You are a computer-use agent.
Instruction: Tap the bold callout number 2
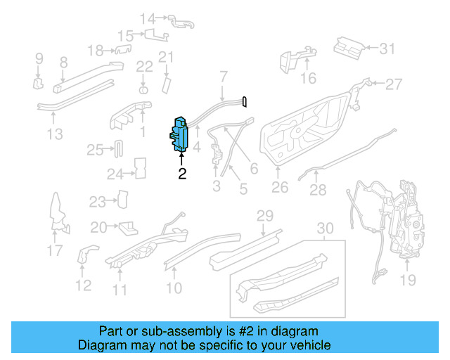coord(182,173)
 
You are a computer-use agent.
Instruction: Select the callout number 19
coord(408,281)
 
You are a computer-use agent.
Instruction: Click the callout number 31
coord(388,49)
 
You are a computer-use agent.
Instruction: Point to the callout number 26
coord(280,188)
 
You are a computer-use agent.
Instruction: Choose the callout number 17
coord(54,250)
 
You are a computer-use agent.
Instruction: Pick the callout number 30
coord(324,229)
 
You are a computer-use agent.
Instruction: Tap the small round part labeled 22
coord(144,90)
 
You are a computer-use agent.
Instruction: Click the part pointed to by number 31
coord(348,46)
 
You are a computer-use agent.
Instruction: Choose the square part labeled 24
coord(140,169)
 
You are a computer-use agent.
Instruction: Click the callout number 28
coord(318,190)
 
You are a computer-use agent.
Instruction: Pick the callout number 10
coord(174,287)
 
